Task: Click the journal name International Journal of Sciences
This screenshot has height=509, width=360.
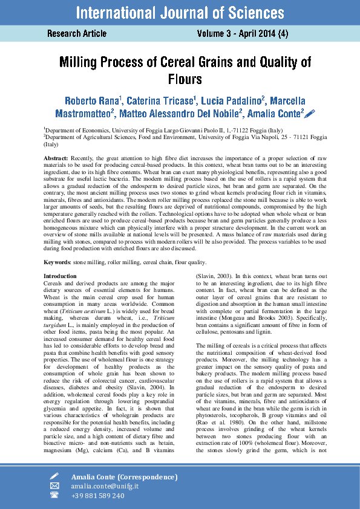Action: (180, 12)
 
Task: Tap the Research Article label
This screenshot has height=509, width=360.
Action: (77, 34)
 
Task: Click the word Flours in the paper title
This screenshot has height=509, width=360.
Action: (185, 79)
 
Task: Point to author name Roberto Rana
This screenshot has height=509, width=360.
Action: (92, 100)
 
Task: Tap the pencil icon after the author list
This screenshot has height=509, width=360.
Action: (310, 113)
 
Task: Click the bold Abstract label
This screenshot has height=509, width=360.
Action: (56, 158)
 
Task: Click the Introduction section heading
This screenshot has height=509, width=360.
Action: (60, 276)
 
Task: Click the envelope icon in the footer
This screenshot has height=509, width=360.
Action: (54, 486)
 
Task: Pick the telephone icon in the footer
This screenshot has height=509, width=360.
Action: (54, 496)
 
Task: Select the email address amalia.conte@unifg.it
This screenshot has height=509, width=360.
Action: (105, 486)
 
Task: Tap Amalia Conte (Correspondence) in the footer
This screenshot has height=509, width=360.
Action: (124, 477)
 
